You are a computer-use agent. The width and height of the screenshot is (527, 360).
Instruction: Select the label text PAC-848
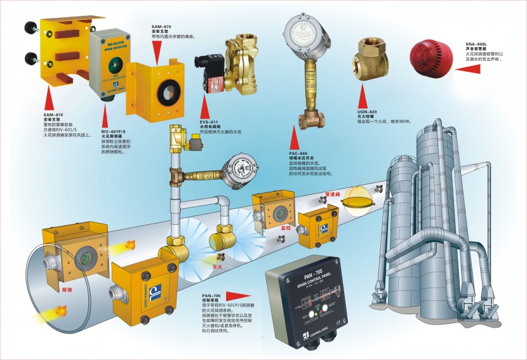click(298, 154)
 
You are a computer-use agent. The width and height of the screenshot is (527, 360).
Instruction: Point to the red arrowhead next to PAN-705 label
click(239, 295)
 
